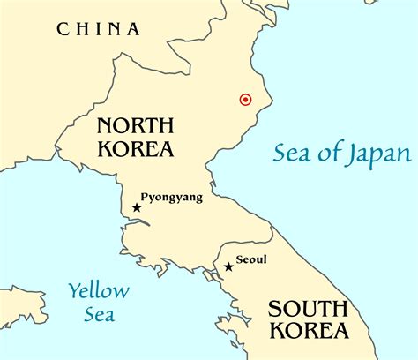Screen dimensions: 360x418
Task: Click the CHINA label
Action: pos(99,29)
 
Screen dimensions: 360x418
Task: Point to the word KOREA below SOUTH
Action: pos(311,333)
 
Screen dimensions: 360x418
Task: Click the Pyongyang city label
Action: pos(171,198)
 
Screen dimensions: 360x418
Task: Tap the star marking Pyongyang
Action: pos(137,208)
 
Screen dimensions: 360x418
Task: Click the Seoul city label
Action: pos(252,259)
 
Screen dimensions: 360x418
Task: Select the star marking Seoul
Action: pos(228,266)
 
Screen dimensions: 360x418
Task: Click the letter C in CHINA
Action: pos(63,29)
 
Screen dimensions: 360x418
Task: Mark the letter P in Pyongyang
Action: pos(145,197)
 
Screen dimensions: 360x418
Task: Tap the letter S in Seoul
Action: pos(241,259)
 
